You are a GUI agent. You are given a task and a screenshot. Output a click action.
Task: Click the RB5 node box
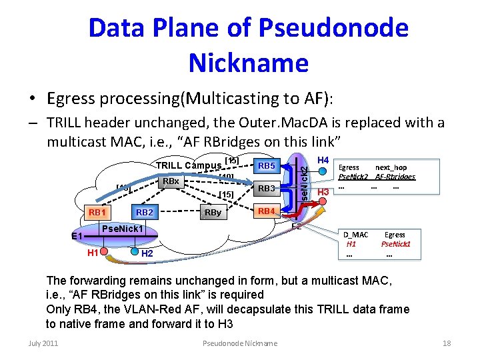tap(267, 165)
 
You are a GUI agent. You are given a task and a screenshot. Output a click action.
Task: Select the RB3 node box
tap(267, 189)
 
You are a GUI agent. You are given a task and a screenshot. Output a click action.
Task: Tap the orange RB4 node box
tap(267, 211)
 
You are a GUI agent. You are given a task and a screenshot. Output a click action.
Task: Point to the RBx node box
tap(171, 181)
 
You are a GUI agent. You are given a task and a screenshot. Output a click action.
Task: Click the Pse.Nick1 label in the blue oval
tap(123, 229)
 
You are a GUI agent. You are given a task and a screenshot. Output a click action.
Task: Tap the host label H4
tap(323, 161)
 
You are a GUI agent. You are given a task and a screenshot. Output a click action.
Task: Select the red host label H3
tap(323, 193)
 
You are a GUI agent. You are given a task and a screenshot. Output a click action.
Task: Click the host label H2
tap(147, 254)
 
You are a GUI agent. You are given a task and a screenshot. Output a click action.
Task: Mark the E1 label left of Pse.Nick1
tap(77, 236)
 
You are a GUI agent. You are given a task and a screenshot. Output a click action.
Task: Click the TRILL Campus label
tap(189, 166)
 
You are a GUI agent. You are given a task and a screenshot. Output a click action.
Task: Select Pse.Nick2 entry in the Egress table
tap(354, 177)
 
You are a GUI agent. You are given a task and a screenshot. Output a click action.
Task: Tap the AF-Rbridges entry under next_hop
tap(395, 177)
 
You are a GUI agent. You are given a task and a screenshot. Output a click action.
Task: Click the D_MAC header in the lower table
tap(355, 235)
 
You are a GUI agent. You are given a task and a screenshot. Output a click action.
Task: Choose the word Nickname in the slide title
tap(248, 63)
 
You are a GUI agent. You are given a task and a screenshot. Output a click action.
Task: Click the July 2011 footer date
tap(43, 343)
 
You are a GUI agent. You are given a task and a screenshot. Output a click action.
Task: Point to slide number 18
tap(447, 343)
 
